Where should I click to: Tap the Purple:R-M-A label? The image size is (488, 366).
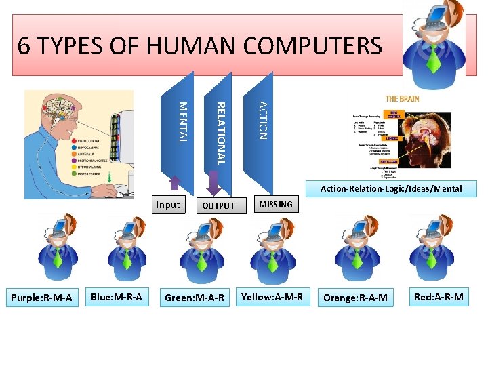pyautogui.click(x=42, y=298)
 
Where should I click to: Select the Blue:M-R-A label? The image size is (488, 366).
pyautogui.click(x=117, y=296)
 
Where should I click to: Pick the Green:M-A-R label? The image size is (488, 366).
pyautogui.click(x=195, y=298)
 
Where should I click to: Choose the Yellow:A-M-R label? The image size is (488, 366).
pyautogui.click(x=272, y=296)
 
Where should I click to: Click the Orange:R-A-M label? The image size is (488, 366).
pyautogui.click(x=356, y=298)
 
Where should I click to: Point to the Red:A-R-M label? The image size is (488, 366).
pyautogui.click(x=439, y=296)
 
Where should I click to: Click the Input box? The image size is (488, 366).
pyautogui.click(x=167, y=205)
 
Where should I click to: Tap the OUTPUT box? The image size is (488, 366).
pyautogui.click(x=218, y=205)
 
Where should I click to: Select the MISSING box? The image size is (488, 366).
pyautogui.click(x=276, y=204)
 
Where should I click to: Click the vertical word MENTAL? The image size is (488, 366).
pyautogui.click(x=182, y=122)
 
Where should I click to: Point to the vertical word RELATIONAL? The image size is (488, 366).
pyautogui.click(x=220, y=132)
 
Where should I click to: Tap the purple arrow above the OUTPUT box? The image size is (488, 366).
pyautogui.click(x=213, y=182)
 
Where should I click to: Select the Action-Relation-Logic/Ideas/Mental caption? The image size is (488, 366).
pyautogui.click(x=391, y=188)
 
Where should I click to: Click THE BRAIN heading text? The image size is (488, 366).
pyautogui.click(x=403, y=99)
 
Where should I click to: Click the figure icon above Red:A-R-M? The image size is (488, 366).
pyautogui.click(x=432, y=248)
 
